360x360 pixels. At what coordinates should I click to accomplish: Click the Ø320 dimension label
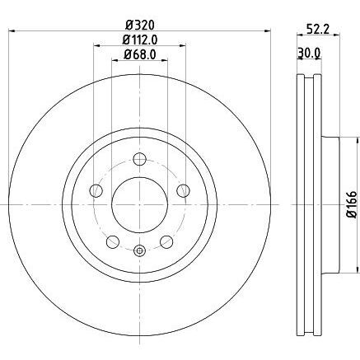pyautogui.click(x=140, y=26)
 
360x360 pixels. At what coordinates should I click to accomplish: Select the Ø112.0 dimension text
pyautogui.click(x=140, y=40)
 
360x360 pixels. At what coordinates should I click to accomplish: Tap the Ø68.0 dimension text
pyautogui.click(x=140, y=54)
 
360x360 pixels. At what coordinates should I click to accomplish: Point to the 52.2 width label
pyautogui.click(x=318, y=29)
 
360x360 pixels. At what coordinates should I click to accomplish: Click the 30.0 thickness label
pyautogui.click(x=309, y=53)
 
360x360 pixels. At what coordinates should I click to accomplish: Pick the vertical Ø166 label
pyautogui.click(x=352, y=204)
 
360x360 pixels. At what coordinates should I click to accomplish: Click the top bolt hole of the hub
pyautogui.click(x=140, y=159)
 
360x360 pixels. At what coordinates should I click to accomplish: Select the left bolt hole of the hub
pyautogui.click(x=96, y=190)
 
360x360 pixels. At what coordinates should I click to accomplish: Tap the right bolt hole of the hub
pyautogui.click(x=183, y=190)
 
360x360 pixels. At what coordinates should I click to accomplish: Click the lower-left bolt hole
pyautogui.click(x=113, y=241)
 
